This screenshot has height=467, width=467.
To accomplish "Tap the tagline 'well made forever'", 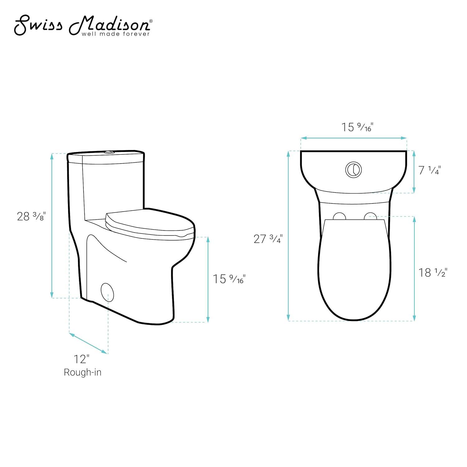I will [x=116, y=34].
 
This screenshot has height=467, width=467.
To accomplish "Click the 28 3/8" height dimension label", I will [x=31, y=216].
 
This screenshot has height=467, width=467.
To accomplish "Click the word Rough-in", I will [x=83, y=372].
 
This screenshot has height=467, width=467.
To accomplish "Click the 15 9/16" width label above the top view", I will [x=357, y=127].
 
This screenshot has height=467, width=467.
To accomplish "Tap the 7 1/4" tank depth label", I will [x=430, y=170].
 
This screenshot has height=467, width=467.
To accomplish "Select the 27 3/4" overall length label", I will [x=268, y=239].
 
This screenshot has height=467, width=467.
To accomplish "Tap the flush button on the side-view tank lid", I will [x=109, y=152].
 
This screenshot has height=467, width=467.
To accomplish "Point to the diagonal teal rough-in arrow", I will [x=88, y=343].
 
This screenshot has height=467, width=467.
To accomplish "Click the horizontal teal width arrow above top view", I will [x=353, y=138].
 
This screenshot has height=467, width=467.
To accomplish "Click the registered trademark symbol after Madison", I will [x=151, y=21].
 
